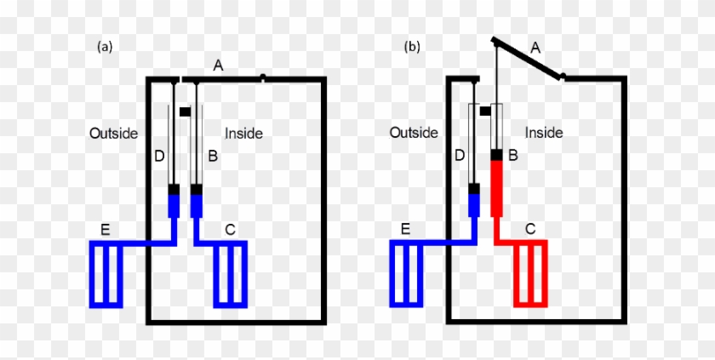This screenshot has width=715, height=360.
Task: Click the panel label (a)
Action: pos(105,48)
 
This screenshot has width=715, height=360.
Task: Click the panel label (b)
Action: pos(412,48)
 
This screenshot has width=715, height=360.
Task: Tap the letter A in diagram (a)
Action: pos(218,66)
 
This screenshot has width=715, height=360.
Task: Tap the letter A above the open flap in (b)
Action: pos(535,49)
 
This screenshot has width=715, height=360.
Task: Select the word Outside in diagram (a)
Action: pos(113,133)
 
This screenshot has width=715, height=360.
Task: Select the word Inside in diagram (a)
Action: pos(243,133)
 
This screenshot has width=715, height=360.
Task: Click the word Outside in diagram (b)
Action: pos(414,133)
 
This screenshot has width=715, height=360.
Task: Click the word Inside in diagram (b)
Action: pos(544,133)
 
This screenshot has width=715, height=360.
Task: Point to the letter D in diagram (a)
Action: pos(158,157)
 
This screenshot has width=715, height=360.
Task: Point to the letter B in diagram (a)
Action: pos(213,157)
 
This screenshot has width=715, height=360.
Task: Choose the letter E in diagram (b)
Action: pos(405,228)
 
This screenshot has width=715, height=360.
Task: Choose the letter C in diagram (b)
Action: pos(530,228)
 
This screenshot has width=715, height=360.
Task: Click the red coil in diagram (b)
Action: pos(530,273)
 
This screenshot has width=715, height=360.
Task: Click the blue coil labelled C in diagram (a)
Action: pos(230,273)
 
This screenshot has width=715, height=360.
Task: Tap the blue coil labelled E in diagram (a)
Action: pos(106,273)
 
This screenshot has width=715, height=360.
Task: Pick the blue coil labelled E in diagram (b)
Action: pos(407,273)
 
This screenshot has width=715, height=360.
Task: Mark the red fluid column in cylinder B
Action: pos(498,187)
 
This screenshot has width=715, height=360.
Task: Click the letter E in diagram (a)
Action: pos(105,228)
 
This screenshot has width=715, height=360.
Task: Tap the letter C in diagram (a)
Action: pos(230,228)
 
